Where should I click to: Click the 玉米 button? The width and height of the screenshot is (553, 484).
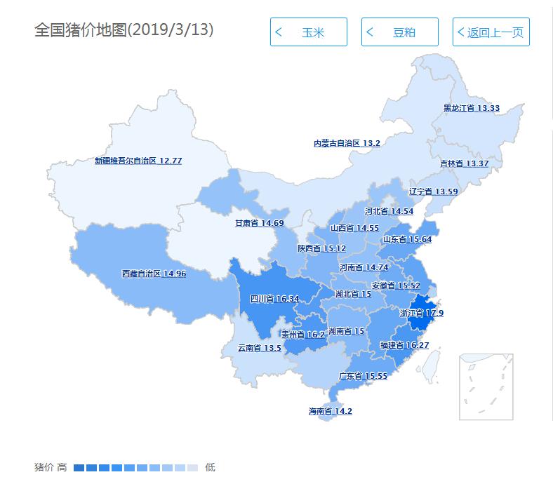tap(308, 32)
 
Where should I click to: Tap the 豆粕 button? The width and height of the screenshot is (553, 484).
tap(399, 32)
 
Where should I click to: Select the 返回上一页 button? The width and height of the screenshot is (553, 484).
tap(491, 32)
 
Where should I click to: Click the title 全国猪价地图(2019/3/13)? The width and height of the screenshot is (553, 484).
tap(124, 30)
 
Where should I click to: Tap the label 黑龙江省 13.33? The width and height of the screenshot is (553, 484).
tap(471, 108)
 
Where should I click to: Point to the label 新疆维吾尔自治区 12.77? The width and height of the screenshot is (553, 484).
tap(138, 161)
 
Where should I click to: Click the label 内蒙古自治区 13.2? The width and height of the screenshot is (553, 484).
tap(347, 143)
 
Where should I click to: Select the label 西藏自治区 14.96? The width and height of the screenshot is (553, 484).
tap(154, 274)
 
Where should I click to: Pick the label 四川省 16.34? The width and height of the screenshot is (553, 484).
tap(274, 299)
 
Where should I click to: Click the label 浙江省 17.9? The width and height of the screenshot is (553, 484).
tap(421, 314)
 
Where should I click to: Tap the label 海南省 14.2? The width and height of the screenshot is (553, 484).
tap(330, 411)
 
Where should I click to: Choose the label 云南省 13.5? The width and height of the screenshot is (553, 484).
tap(259, 348)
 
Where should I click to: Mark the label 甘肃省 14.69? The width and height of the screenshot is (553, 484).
tap(259, 223)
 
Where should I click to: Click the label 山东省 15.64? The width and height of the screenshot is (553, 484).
tap(407, 239)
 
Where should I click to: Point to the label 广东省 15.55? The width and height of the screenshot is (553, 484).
tap(363, 376)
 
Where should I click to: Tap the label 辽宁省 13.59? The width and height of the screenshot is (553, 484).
tap(433, 191)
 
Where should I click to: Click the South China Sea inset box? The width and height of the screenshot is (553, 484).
tap(486, 386)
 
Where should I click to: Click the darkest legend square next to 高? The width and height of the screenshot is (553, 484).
tap(79, 467)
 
